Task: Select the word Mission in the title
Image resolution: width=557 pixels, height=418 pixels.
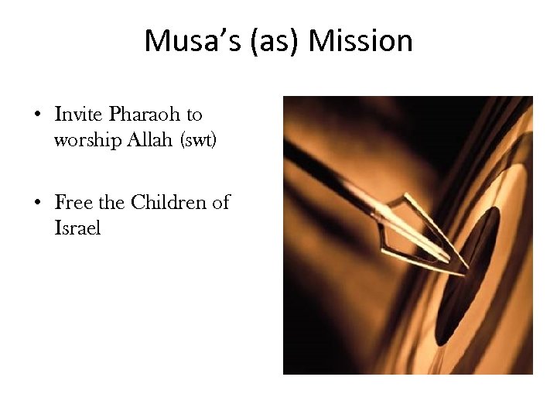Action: [x=361, y=41]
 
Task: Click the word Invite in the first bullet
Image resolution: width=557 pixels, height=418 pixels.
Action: [x=79, y=115]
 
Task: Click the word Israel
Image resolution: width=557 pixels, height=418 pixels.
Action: [x=77, y=229]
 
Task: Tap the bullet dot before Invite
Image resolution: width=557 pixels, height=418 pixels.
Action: [x=37, y=116]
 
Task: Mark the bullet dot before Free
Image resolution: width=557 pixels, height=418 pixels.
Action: [x=37, y=204]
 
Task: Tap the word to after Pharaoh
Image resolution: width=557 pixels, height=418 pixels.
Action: [x=193, y=115]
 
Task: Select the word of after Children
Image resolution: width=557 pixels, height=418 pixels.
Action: [x=220, y=203]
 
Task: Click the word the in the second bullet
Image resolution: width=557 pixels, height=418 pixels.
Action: [x=111, y=203]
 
